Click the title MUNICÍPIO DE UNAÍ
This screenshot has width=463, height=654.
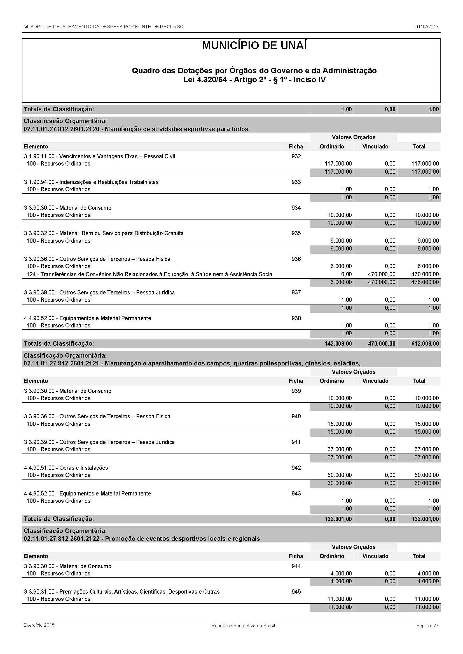[x=254, y=46]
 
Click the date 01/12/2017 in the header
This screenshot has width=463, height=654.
[x=427, y=27]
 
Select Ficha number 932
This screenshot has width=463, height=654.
[x=296, y=156]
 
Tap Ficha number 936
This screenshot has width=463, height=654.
[x=296, y=259]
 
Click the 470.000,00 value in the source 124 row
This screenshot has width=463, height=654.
[x=381, y=274]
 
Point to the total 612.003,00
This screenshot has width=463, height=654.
[x=425, y=344]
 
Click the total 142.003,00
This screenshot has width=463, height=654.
[x=338, y=344]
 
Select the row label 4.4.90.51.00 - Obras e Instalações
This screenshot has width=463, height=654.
[x=66, y=468]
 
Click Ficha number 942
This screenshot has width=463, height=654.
[x=296, y=468]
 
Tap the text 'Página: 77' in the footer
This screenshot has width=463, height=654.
[x=427, y=625]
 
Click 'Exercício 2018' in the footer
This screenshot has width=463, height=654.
[x=39, y=625]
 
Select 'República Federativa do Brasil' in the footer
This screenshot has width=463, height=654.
[x=243, y=625]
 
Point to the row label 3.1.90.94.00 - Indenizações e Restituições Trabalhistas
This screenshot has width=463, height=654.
[x=91, y=182]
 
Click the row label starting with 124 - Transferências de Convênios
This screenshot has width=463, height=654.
[x=150, y=274]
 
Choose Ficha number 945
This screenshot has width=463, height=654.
[x=296, y=592]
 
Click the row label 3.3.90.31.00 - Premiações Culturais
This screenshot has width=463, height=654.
[x=122, y=592]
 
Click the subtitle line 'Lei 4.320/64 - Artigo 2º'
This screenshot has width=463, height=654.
[x=254, y=80]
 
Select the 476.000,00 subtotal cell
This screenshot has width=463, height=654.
[x=425, y=282]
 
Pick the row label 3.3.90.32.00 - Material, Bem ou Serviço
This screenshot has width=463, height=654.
[x=104, y=233]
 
